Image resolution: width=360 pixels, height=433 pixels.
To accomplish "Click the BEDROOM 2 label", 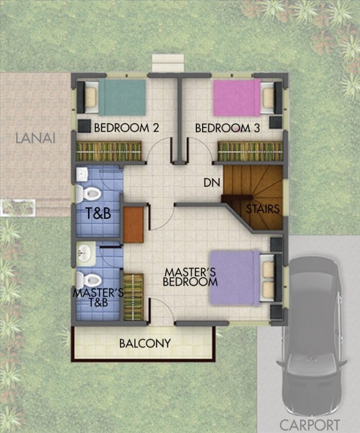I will coord(126,128).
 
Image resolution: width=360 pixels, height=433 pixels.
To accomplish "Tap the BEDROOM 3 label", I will coord(227,128).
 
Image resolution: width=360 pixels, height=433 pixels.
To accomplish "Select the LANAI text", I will coord(35,138).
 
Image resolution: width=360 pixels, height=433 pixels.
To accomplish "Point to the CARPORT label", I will coord(310,425).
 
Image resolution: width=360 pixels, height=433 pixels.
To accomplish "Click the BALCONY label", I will coord(145,343).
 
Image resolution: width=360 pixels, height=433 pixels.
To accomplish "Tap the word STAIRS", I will coord(262,209).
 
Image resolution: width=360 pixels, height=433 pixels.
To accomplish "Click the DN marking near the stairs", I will coord(209,182).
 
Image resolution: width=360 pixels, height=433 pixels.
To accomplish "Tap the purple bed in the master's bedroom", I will coord(235,278).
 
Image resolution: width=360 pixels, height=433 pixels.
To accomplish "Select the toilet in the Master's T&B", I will coord(87,279).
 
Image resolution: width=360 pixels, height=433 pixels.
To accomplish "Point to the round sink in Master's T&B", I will coord(85,253).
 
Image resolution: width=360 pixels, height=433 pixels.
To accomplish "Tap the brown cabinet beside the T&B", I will coord(133,224).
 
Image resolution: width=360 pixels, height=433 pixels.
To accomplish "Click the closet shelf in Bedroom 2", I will coord(108,152).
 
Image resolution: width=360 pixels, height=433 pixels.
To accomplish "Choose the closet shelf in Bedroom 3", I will coord(250,152).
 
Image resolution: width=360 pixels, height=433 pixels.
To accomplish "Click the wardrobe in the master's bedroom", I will coord(134,297).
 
